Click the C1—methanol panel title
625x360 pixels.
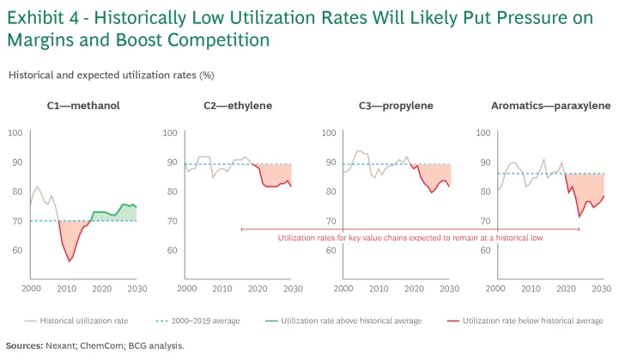point(83,106)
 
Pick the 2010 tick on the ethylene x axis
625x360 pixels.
point(222,290)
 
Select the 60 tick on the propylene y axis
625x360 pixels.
point(326,250)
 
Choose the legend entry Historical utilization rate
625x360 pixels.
point(83,320)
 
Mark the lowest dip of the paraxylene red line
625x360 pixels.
point(579,216)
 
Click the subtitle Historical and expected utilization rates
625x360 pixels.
point(111,75)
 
